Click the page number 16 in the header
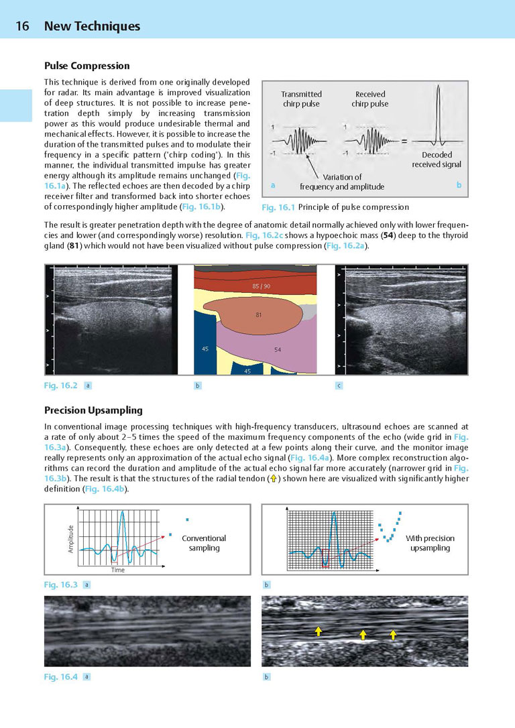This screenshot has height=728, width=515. click(22, 27)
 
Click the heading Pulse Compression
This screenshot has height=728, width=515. click(87, 66)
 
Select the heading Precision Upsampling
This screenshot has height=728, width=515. click(93, 410)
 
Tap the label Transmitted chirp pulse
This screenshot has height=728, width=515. click(301, 99)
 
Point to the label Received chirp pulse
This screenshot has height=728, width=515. click(369, 99)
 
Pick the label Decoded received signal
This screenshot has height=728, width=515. click(437, 160)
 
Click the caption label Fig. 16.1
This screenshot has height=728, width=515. click(278, 207)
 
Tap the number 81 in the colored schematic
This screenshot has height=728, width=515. click(258, 315)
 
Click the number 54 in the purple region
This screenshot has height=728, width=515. click(278, 350)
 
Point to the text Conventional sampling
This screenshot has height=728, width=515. click(204, 543)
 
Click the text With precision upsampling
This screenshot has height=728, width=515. click(430, 543)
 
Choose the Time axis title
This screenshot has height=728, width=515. click(117, 570)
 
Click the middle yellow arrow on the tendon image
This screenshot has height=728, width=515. click(363, 633)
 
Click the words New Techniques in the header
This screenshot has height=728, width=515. click(92, 27)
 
